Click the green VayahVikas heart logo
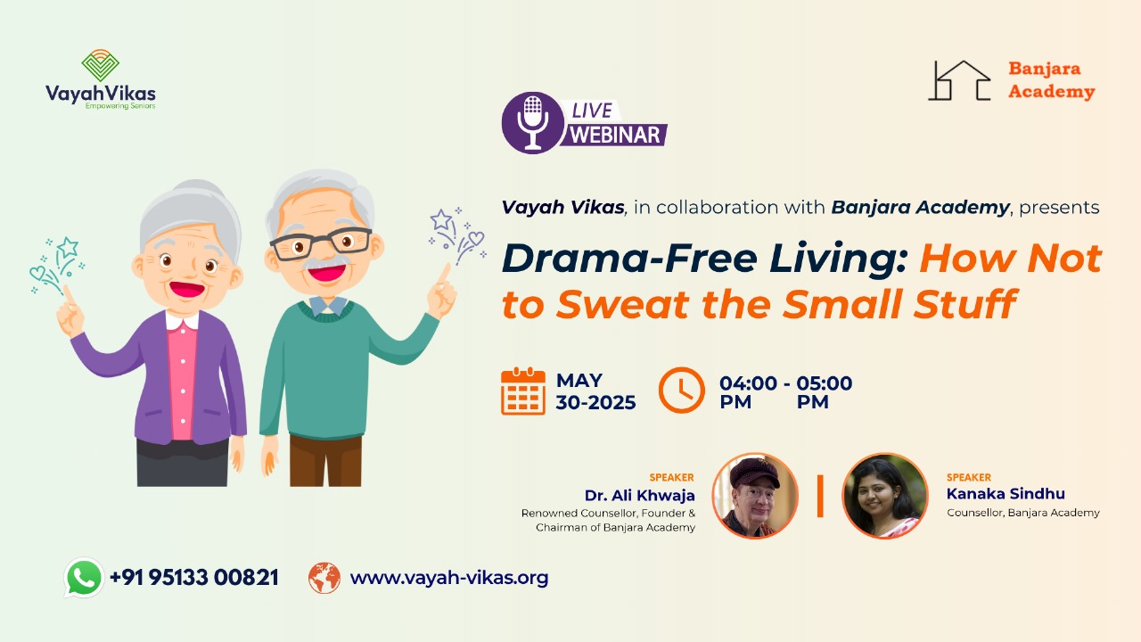pos(101,65)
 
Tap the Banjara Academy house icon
pos(959,80)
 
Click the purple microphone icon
pos(533,123)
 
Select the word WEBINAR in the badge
pos(615,135)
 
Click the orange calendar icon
pos(523,391)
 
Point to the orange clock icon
pos(682,391)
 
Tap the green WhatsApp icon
pos(84,577)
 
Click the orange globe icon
pos(324,578)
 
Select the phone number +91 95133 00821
pos(194,578)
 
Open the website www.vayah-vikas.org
pos(449,579)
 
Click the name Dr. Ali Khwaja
pos(640,495)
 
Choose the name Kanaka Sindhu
pos(1006,494)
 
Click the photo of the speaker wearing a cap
pos(755,496)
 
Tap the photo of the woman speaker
pos(885,496)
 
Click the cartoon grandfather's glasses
pos(321,243)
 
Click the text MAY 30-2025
pos(595,391)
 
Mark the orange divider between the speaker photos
pos(820,497)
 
